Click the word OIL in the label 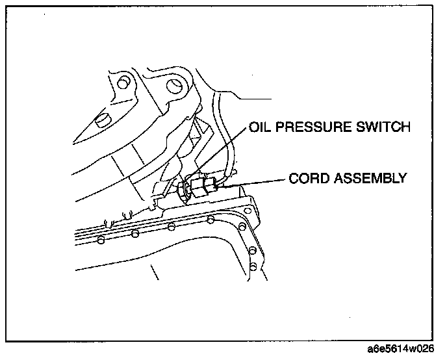[x=259, y=127]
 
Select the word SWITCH [x=387, y=127]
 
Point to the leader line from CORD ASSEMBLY [x=253, y=183]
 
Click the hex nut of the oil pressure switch [x=185, y=188]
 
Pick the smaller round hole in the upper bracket [x=121, y=83]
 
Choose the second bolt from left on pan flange [x=134, y=233]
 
